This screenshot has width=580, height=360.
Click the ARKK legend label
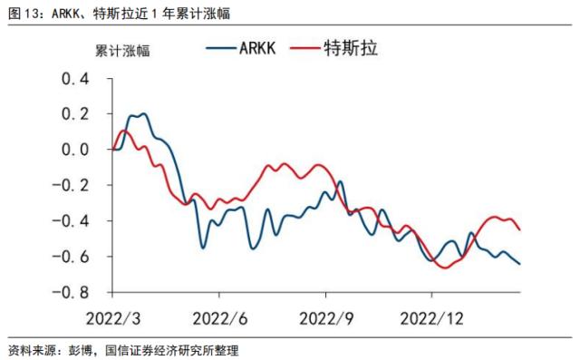(264, 47)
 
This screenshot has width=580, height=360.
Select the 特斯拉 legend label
(350, 47)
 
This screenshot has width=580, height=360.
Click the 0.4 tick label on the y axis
(76, 80)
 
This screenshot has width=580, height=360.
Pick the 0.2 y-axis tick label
(76, 115)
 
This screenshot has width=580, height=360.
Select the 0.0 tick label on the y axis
(76, 151)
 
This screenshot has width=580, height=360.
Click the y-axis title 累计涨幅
(123, 50)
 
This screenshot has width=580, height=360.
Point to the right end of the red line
(519, 230)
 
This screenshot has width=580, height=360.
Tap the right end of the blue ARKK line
(519, 264)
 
